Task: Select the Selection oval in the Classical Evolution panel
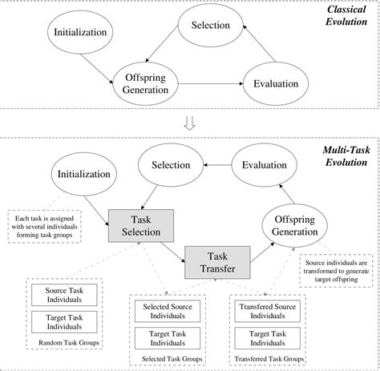point(209,26)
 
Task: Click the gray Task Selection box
point(140,225)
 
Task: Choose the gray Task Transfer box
point(218,261)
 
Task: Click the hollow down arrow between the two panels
point(189,123)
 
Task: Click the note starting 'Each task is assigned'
point(54,220)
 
